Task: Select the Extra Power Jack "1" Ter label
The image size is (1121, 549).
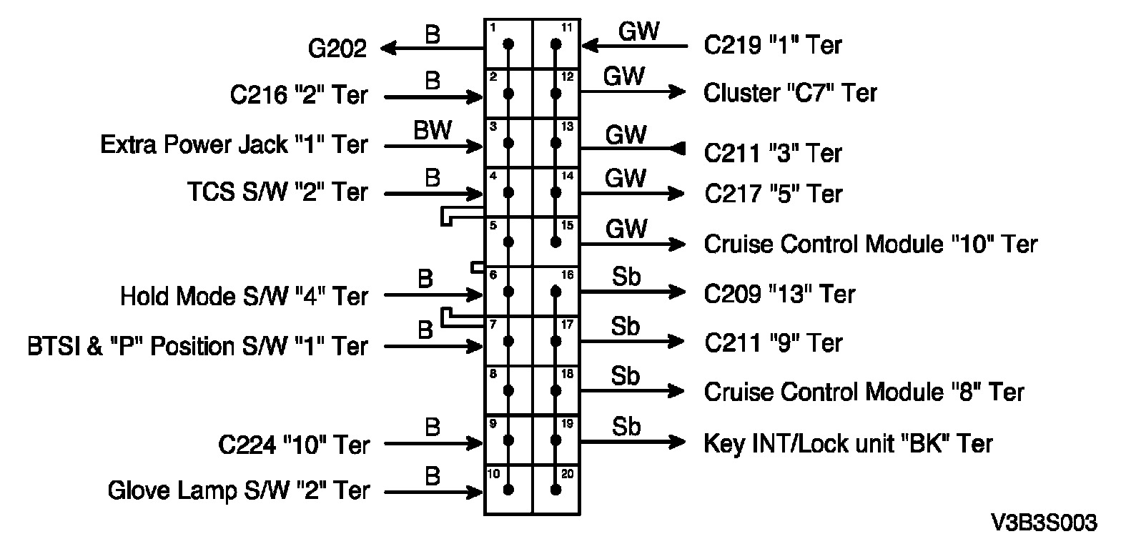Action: pos(234,145)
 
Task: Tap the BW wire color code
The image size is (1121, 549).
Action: pos(432,131)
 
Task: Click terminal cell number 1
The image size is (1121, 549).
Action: pos(508,44)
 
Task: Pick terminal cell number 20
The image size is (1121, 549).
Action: pos(555,489)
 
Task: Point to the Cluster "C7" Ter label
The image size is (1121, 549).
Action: pos(790,93)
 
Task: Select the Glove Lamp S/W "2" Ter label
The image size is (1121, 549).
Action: pos(239,491)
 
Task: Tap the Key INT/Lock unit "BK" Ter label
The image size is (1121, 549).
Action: pos(849,444)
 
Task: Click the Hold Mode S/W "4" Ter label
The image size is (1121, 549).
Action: pos(245,295)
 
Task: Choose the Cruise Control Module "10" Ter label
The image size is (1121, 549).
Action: pos(870,244)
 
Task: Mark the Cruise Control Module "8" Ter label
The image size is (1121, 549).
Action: pos(864,392)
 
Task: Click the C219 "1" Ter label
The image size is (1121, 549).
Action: pos(773,46)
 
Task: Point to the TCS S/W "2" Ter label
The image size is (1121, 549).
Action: pos(277,192)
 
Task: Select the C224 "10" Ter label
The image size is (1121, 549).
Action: pos(294,445)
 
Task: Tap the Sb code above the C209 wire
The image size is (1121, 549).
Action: pos(626,279)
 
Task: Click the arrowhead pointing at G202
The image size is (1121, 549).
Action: pos(390,49)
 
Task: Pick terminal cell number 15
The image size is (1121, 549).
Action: pos(555,242)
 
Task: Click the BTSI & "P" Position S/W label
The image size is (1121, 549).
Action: pos(196,346)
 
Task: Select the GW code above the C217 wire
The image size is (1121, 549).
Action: pos(626,179)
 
